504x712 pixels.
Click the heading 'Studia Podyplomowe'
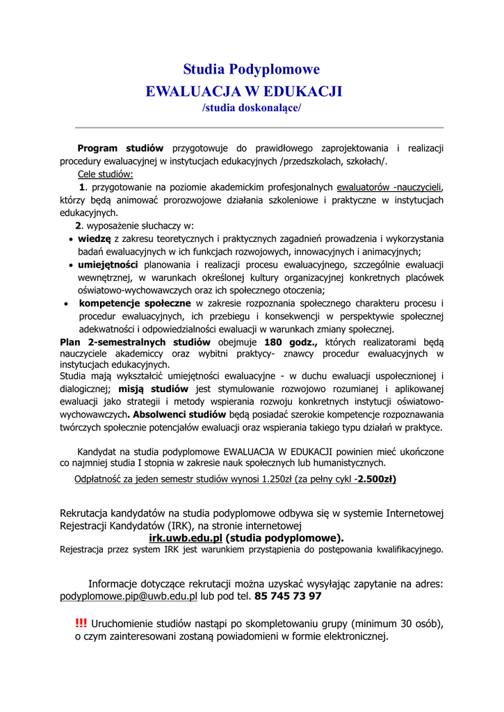pyautogui.click(x=251, y=70)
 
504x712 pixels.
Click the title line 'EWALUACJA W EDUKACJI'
pyautogui.click(x=243, y=91)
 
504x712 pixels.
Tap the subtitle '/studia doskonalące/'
pyautogui.click(x=251, y=108)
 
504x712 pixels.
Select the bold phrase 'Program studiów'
pyautogui.click(x=120, y=148)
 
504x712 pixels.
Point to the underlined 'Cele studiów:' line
pyautogui.click(x=105, y=174)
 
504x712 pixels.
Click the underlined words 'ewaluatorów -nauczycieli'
pyautogui.click(x=389, y=187)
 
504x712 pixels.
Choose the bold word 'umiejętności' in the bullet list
pyautogui.click(x=108, y=265)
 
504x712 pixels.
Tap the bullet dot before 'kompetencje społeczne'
pyautogui.click(x=65, y=305)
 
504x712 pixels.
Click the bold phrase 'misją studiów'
pyautogui.click(x=154, y=389)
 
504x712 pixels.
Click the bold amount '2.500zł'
pyautogui.click(x=376, y=479)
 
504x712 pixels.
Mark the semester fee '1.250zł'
pyautogui.click(x=277, y=479)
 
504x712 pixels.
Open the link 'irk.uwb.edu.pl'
pyautogui.click(x=185, y=537)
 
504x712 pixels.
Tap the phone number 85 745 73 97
pyautogui.click(x=288, y=597)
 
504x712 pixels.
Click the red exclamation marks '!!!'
pyautogui.click(x=81, y=622)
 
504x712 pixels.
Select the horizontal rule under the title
pyautogui.click(x=259, y=128)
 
